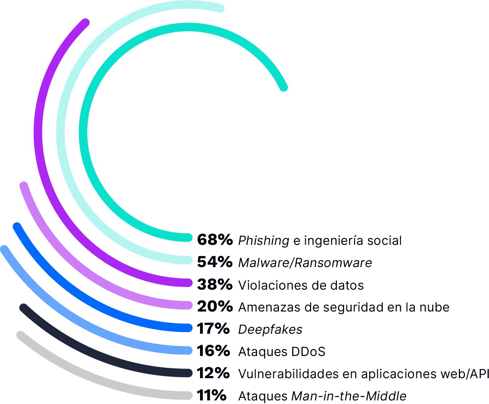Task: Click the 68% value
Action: tap(215, 240)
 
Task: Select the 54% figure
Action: tap(215, 262)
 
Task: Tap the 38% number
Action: tap(215, 285)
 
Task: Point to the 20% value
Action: tap(215, 306)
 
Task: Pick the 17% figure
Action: tap(213, 329)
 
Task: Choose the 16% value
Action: tap(213, 351)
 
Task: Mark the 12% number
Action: tap(213, 373)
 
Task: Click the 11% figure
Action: tap(212, 395)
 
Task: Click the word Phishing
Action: tap(264, 241)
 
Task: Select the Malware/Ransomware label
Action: tap(305, 263)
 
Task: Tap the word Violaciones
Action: tap(270, 285)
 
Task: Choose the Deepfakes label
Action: tap(270, 329)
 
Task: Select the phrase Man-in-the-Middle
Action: tap(349, 396)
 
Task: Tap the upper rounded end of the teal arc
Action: tap(283, 87)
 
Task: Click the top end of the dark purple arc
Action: tap(85, 23)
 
